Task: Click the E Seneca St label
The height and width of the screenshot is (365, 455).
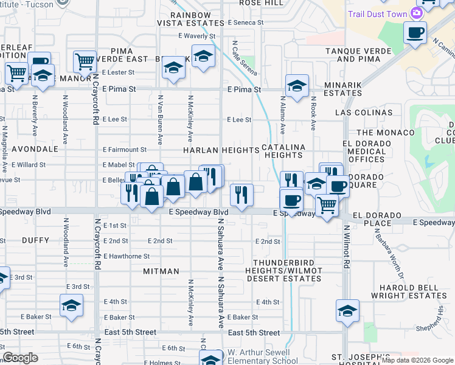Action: (x=245, y=23)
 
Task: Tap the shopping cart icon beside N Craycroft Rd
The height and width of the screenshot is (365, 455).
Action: (x=85, y=61)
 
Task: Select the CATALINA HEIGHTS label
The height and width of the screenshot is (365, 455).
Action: (x=283, y=151)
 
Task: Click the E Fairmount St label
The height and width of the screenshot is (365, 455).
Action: (x=125, y=149)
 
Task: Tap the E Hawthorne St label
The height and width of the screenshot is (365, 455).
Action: (x=127, y=256)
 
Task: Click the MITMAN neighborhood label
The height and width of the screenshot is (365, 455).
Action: (x=161, y=271)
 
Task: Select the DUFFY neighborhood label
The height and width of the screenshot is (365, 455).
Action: (x=35, y=240)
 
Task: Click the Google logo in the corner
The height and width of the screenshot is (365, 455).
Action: (x=21, y=358)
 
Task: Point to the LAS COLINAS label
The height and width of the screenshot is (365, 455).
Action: (x=364, y=113)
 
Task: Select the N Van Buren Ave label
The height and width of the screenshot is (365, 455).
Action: (x=161, y=119)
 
